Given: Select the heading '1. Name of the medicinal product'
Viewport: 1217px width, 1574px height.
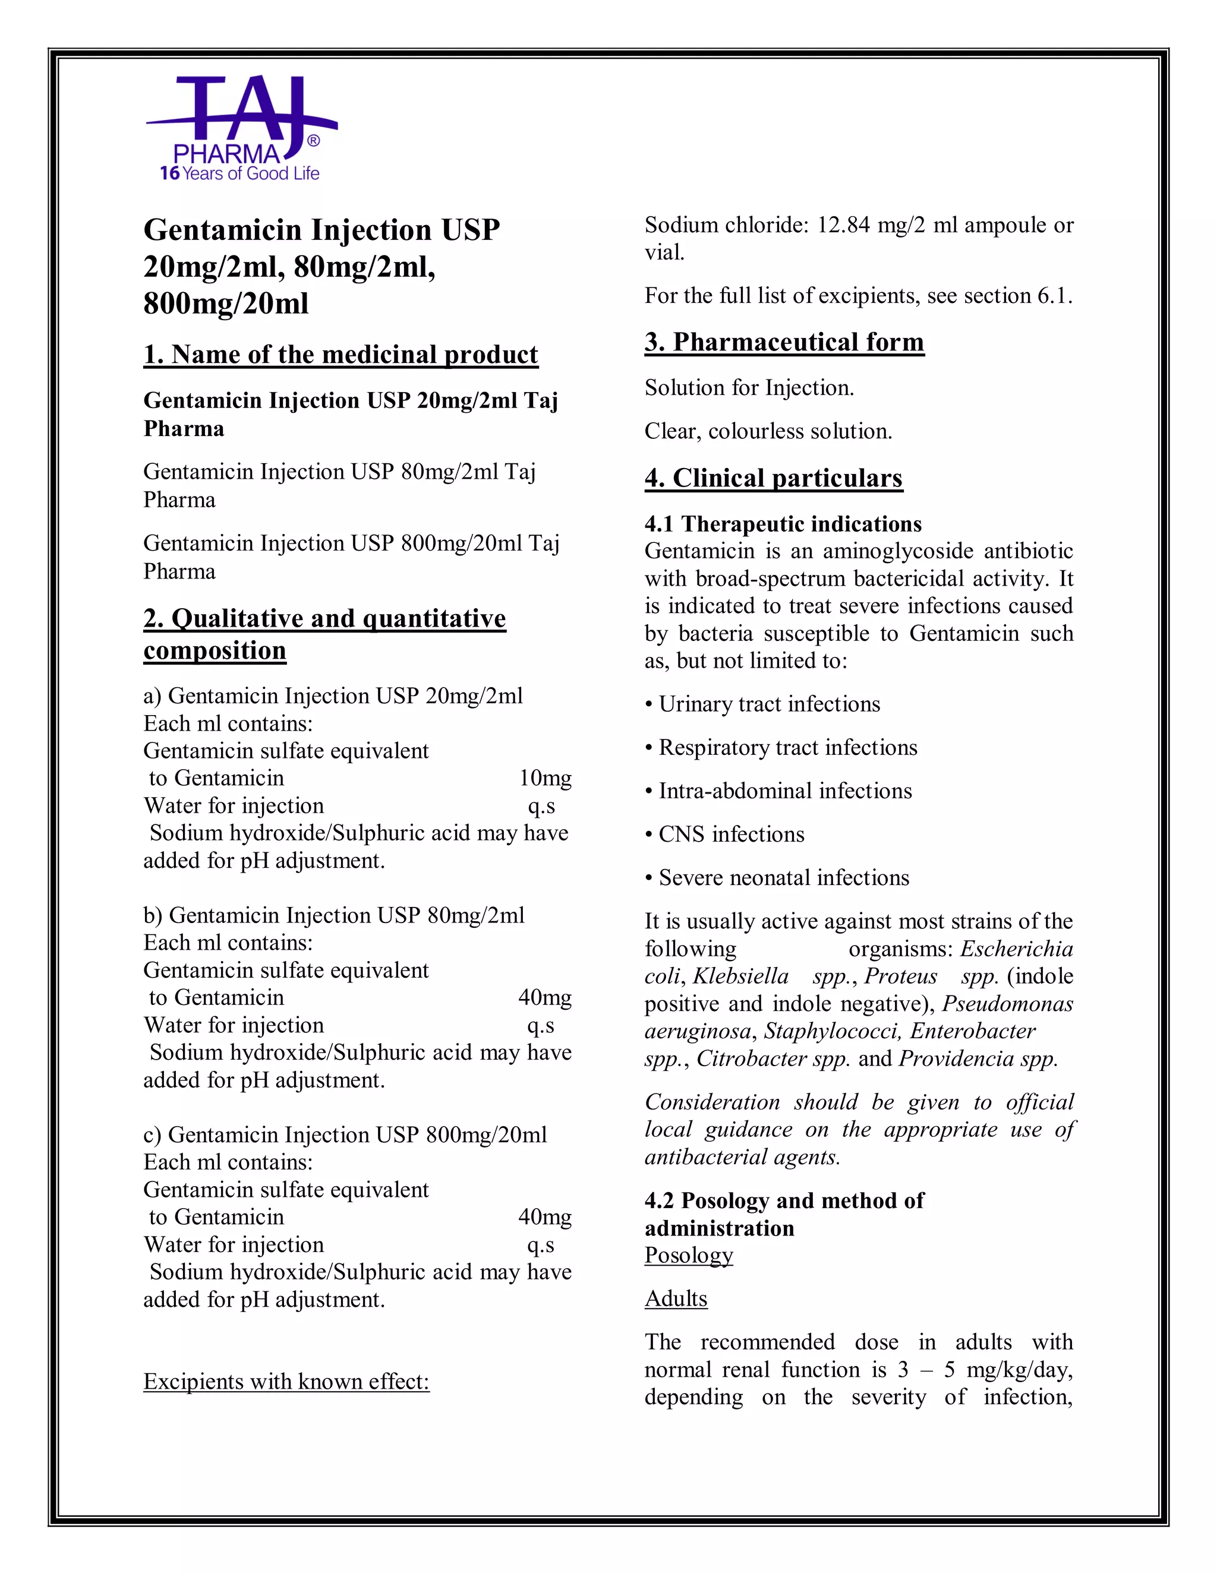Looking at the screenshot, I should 340,355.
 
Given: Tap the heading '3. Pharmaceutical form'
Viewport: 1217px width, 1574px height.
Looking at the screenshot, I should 784,342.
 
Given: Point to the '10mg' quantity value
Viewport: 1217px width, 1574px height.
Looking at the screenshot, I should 545,778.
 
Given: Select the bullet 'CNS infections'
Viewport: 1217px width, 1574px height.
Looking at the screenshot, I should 731,835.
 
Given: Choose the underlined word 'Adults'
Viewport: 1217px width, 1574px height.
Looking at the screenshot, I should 676,1298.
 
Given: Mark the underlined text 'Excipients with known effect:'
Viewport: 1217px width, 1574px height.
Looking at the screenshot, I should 286,1382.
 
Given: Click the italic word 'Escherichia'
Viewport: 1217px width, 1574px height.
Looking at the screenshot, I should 1017,949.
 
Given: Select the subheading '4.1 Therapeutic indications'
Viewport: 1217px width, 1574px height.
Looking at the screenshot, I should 783,524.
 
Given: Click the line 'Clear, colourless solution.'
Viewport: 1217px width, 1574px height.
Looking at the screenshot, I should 768,431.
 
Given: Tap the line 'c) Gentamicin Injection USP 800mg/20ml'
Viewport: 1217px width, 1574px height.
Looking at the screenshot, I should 345,1135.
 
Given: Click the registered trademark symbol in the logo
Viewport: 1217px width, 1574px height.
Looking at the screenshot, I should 314,141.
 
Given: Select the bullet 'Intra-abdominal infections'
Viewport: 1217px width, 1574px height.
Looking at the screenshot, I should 785,791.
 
